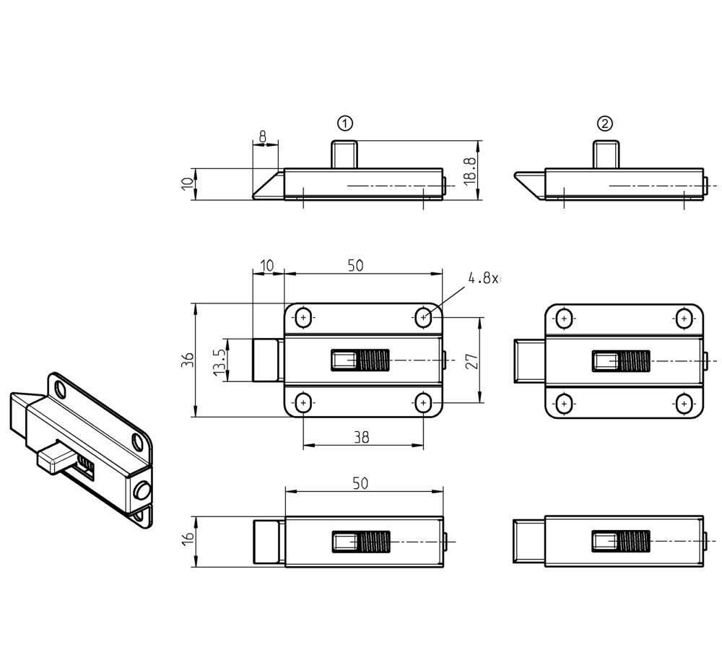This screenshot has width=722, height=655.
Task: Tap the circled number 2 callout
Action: (605, 123)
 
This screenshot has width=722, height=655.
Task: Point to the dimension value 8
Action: (263, 136)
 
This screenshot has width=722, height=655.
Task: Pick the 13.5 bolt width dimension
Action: (219, 360)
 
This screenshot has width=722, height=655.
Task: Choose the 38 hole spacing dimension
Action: (362, 437)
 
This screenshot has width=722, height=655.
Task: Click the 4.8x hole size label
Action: (483, 279)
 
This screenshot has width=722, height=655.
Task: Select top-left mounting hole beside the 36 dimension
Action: (304, 318)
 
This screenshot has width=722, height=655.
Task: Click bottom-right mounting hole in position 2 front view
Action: (682, 402)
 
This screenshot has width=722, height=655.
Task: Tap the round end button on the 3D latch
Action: (142, 492)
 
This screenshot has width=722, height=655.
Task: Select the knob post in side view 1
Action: (344, 154)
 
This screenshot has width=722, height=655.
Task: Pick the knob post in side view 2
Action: (605, 154)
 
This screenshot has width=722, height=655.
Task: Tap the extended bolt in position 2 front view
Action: (529, 360)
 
